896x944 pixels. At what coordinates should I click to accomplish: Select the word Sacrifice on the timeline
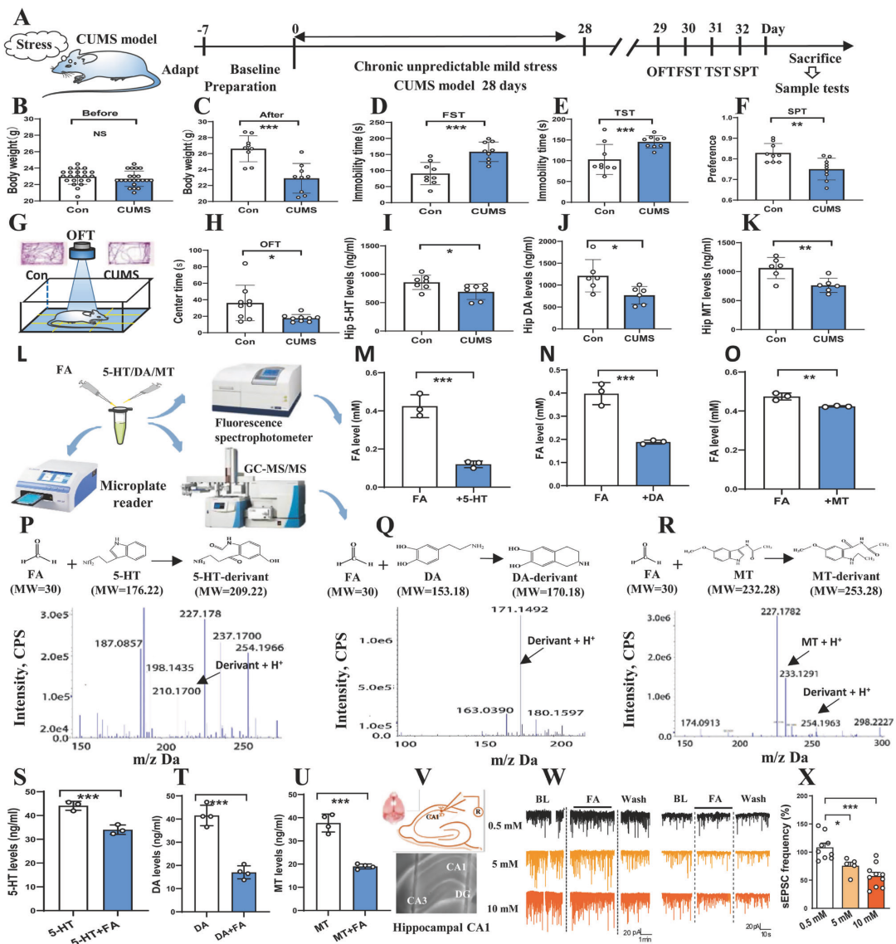[x=816, y=59]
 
